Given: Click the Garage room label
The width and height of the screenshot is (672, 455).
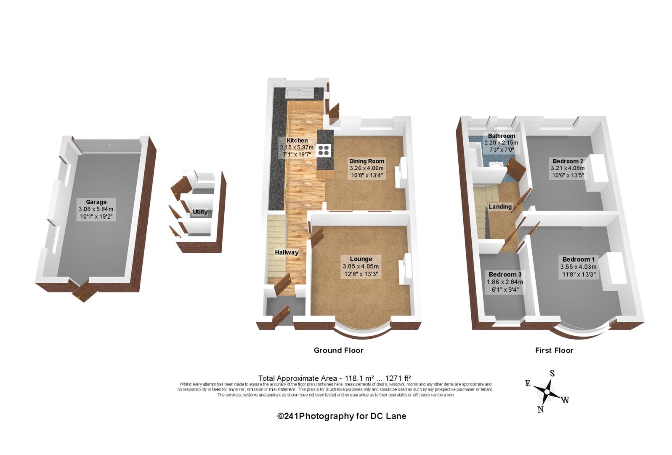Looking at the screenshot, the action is pos(96,202).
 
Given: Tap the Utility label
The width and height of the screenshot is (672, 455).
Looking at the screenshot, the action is pos(200,212).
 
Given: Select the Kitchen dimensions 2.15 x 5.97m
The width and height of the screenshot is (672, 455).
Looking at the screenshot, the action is pos(297,147).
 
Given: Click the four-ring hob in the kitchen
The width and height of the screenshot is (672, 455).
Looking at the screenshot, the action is pos(324,150).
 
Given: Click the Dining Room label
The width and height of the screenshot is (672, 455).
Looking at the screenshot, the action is pos(367,161).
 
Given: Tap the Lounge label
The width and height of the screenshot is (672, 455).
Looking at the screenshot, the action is pos(361,259).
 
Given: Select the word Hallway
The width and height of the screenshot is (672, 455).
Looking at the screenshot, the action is pos(287,253).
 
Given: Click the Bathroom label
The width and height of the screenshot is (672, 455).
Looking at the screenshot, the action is pos(502,136).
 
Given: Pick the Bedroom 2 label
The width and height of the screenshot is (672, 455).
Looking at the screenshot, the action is pos(568,161).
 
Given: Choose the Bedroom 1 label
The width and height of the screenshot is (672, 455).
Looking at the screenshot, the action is pos(579,259).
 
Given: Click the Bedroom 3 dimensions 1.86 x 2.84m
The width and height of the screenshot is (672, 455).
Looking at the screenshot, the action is pos(505,282).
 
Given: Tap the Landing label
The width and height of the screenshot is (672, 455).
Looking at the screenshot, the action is pos(500,206).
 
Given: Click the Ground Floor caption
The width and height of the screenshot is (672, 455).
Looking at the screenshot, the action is pos(338,350).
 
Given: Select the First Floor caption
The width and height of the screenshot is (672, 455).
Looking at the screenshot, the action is pos(554,350).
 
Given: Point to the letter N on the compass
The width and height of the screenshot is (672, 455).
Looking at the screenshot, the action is pos(541,409).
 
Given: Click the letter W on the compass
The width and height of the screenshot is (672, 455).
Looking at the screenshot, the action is pos(565,400).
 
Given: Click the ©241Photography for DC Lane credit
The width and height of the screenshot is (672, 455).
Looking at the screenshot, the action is pos(341,416).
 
